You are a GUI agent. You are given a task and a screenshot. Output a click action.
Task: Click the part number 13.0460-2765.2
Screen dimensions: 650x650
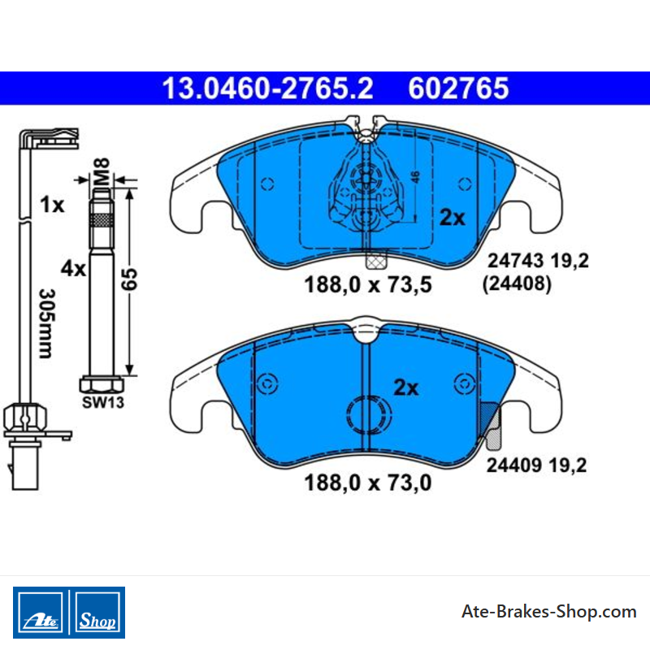click(x=267, y=89)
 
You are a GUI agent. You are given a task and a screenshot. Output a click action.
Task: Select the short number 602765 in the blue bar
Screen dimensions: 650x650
click(x=458, y=89)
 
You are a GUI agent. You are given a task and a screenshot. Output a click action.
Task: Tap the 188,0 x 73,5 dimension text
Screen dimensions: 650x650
click(x=368, y=285)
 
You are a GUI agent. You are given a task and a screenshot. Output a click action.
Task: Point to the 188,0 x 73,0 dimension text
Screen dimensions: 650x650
click(x=368, y=483)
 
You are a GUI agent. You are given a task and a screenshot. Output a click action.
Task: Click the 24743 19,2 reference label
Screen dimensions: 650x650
click(x=538, y=261)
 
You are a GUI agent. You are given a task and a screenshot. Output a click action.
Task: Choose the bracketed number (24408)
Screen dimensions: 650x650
click(x=517, y=284)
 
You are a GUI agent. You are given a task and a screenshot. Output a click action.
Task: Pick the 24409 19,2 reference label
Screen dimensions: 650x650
click(x=536, y=465)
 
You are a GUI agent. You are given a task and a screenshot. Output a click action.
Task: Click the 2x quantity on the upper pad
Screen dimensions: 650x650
click(x=453, y=217)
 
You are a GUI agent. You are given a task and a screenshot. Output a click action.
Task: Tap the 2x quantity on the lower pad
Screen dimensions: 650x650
click(x=405, y=388)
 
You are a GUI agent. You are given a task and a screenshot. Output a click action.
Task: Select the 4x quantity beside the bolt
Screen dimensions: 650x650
click(x=73, y=269)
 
